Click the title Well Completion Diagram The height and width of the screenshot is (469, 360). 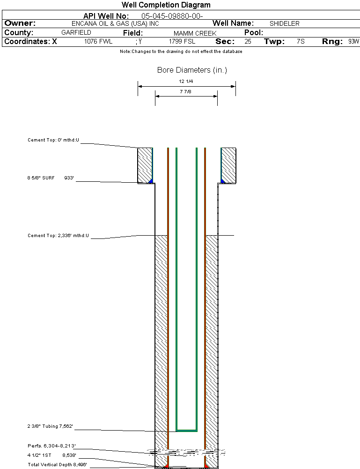point(166,5)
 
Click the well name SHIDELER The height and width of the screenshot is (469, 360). point(284,23)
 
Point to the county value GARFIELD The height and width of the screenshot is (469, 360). point(76,33)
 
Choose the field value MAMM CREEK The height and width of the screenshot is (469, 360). point(195,33)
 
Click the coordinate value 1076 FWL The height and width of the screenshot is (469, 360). point(98,42)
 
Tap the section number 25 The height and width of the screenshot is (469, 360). point(248,42)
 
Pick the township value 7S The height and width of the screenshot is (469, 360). point(301,42)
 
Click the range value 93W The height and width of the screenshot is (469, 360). point(353,42)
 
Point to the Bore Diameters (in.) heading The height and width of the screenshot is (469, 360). point(192,70)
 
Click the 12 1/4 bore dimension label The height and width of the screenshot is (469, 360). point(186,82)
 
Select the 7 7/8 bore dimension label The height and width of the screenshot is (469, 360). point(186,92)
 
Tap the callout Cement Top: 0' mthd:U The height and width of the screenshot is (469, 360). point(53,140)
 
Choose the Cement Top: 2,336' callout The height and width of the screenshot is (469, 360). point(58,235)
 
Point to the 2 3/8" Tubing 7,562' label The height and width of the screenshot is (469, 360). point(50,426)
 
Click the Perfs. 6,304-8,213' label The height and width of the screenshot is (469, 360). point(51,446)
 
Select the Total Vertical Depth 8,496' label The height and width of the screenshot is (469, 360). point(57,464)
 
